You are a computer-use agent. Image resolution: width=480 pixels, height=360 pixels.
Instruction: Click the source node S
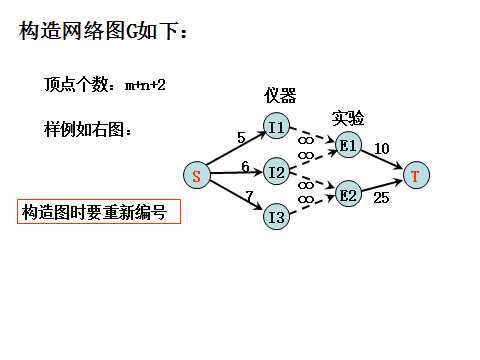196,176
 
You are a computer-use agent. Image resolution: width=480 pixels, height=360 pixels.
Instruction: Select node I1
277,127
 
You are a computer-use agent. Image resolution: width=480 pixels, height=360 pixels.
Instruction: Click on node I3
277,215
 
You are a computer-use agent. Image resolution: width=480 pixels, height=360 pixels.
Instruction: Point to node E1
348,145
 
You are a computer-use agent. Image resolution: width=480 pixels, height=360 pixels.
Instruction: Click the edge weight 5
240,137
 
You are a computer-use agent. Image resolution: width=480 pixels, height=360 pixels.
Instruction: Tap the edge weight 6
245,166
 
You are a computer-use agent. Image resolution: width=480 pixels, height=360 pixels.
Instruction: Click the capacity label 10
381,148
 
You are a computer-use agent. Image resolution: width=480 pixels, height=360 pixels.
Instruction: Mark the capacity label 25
380,199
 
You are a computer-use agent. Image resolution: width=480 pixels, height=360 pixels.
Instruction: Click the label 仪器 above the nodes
280,96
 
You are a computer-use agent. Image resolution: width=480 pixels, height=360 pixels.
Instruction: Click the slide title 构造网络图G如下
104,33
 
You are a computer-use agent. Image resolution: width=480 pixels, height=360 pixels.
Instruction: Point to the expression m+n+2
145,86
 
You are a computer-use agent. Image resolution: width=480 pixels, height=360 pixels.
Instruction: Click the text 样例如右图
87,131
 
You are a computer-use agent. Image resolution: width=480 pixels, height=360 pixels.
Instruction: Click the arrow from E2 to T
383,186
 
